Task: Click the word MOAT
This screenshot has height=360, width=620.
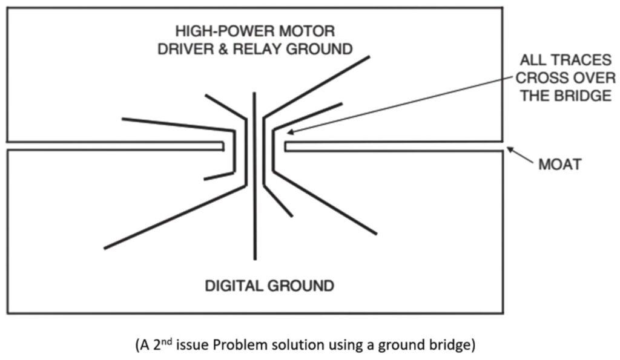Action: (559, 165)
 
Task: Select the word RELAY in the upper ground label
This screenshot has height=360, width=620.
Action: (256, 49)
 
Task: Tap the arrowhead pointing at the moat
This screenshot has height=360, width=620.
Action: (510, 149)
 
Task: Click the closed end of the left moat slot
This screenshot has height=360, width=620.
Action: (223, 146)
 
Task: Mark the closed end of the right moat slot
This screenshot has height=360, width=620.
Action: (286, 146)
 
